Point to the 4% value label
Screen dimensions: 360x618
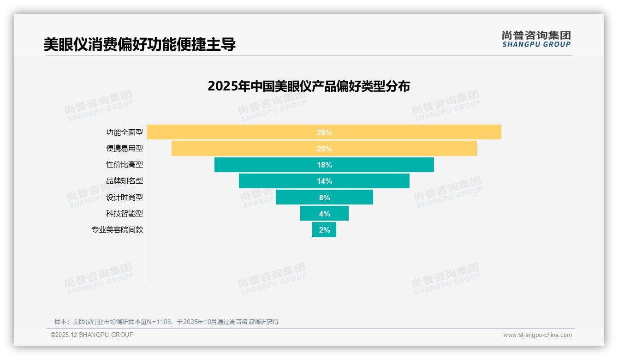[324, 214]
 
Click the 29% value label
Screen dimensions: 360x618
[324, 132]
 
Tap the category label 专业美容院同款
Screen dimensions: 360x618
[117, 230]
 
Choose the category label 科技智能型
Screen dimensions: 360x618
[125, 214]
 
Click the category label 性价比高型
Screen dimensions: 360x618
[125, 165]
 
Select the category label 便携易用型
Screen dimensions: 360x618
[125, 149]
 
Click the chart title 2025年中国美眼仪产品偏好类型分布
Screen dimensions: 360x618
[309, 86]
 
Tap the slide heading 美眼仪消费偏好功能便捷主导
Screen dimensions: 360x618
[139, 44]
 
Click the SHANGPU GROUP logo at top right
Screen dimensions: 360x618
[536, 39]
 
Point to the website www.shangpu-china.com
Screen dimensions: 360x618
[537, 335]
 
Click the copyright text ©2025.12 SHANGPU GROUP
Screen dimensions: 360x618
[92, 335]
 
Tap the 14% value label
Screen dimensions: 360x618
[324, 181]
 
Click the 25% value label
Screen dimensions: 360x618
[324, 149]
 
